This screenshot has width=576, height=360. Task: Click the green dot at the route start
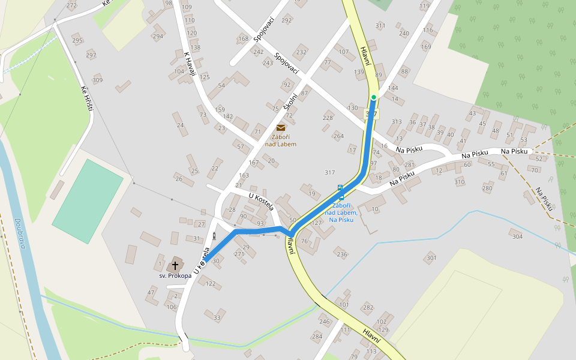(373, 97)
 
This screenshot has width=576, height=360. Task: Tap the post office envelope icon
(281, 127)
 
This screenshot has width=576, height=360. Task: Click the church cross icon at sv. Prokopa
(175, 265)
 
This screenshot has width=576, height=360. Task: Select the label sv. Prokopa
(175, 275)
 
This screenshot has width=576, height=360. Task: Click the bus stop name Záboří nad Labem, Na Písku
(341, 212)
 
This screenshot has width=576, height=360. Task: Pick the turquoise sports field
(88, 201)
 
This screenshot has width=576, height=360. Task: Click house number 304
(517, 236)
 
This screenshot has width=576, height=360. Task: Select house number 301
(430, 258)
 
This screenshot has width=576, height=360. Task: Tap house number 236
(341, 254)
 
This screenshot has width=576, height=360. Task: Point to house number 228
(328, 118)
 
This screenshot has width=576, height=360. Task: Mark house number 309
(97, 80)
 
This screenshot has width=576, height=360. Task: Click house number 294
(157, 37)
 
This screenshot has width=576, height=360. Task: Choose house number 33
(217, 317)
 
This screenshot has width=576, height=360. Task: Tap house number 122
(210, 284)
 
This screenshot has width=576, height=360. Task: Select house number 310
(459, 182)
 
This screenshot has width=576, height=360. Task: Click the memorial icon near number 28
(214, 235)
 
